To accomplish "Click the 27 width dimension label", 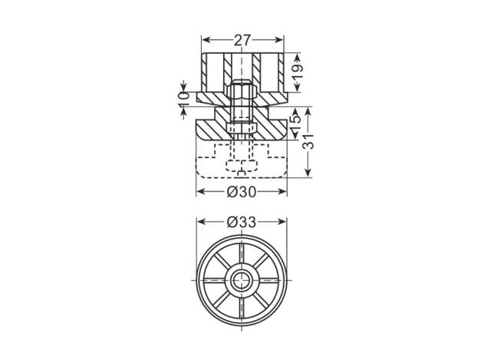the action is [242, 40].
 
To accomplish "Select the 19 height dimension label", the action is [298, 71].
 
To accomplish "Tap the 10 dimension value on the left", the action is [184, 99].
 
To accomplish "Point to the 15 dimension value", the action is [296, 120].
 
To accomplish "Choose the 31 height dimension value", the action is [308, 141].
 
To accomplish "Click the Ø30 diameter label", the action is [242, 192].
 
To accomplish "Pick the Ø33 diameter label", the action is [242, 222].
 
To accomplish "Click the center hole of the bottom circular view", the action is [242, 280].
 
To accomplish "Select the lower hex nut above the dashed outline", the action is [242, 127].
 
